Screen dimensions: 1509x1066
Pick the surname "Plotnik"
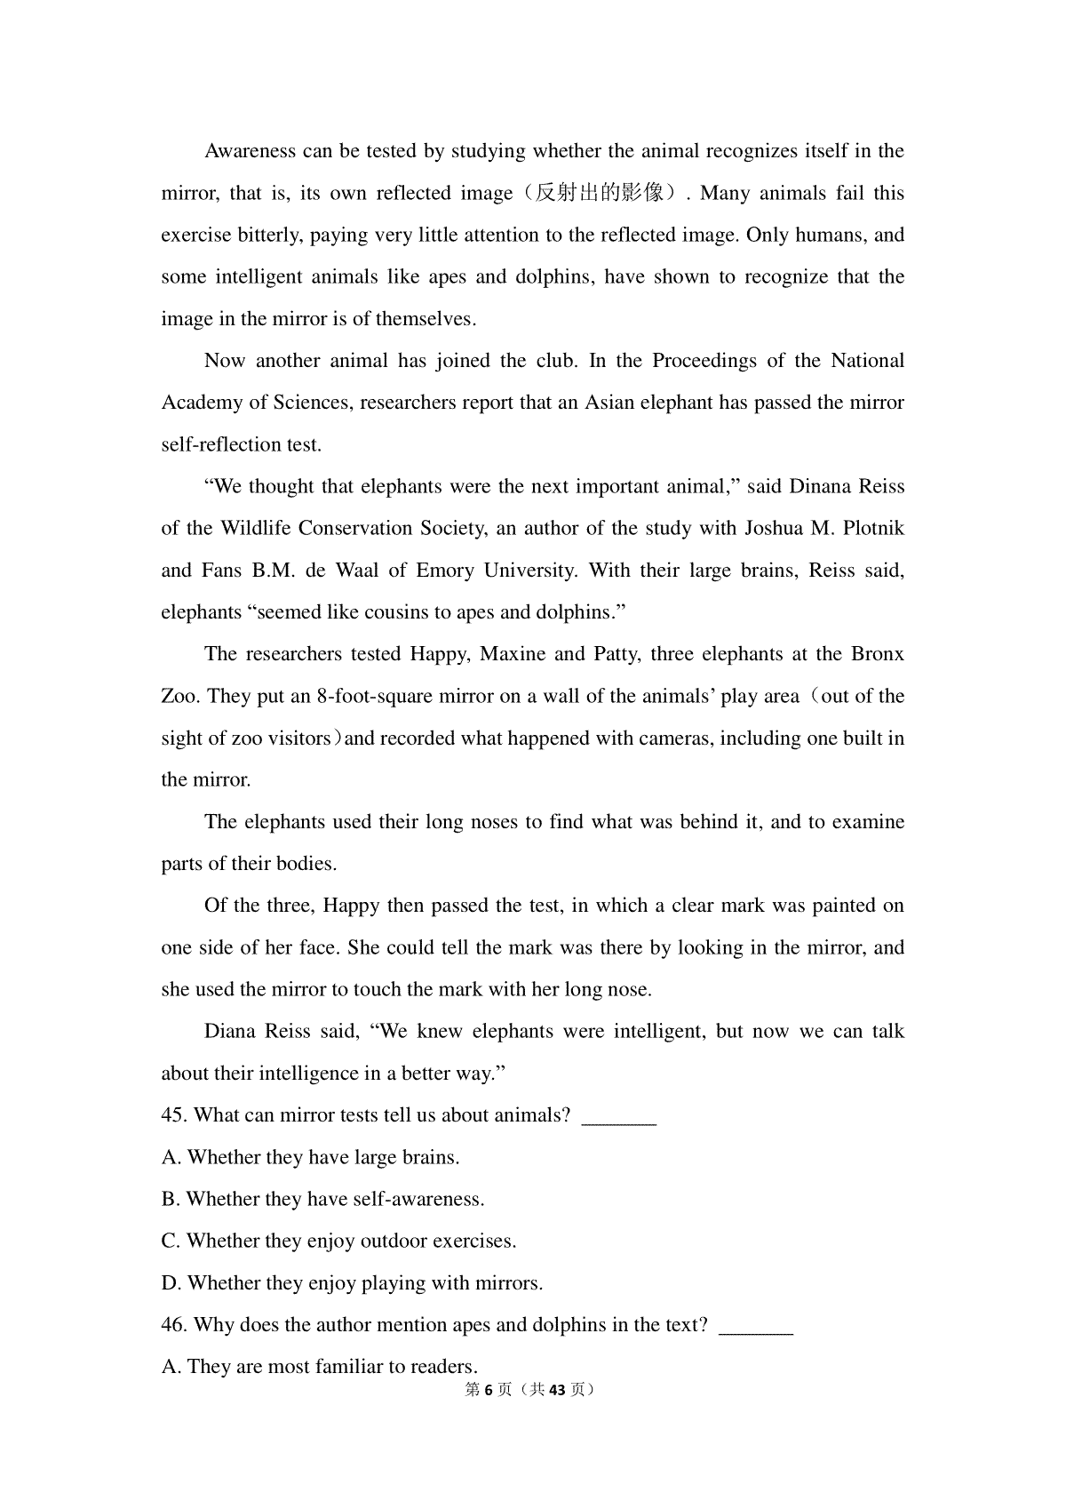point(871,529)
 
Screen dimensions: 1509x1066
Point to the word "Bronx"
point(878,654)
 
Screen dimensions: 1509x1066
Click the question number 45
point(174,1115)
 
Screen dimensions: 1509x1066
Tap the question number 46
point(174,1325)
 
